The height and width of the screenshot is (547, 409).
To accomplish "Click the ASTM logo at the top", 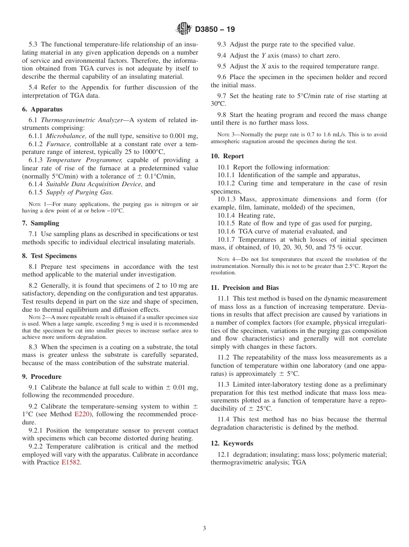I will click(x=184, y=29).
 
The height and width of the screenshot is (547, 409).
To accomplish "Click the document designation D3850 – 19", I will click(x=215, y=30).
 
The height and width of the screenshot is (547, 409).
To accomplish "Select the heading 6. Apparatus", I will click(x=42, y=109).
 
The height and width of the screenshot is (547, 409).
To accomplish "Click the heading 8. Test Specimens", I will click(x=49, y=255).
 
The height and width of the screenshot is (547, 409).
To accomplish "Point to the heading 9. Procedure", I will click(x=42, y=376).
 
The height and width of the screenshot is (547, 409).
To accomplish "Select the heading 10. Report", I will click(x=227, y=156).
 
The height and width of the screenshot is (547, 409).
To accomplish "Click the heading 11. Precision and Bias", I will click(x=245, y=287).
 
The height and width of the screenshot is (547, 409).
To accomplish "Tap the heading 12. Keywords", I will click(x=232, y=443).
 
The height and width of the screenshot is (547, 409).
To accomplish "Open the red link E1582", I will click(x=71, y=462).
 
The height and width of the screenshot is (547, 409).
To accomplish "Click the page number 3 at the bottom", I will click(x=204, y=528).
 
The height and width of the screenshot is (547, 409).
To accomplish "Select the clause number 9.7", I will click(x=223, y=95).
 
